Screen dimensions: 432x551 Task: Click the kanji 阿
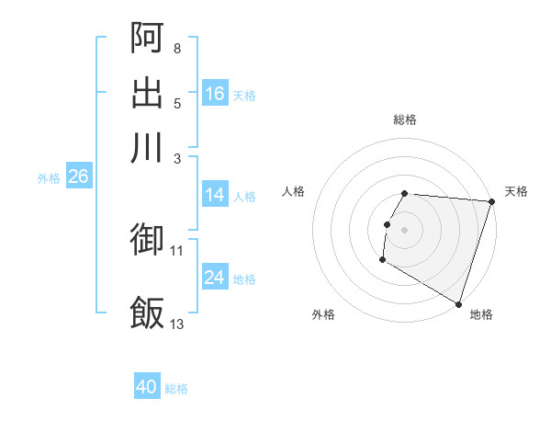point(148,37)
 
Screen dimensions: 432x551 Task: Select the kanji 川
point(148,147)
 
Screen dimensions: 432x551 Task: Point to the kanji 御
point(148,239)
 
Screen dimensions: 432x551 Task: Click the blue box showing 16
point(215,94)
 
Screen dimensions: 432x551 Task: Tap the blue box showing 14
point(215,195)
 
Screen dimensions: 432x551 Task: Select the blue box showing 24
point(215,278)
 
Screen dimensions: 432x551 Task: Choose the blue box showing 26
point(78,176)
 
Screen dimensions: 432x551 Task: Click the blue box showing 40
point(147,387)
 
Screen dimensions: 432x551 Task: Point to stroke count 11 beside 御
point(177,250)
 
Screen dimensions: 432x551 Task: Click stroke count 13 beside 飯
point(177,324)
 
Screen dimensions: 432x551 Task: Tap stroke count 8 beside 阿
point(177,48)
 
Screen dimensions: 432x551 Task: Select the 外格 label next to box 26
point(49,178)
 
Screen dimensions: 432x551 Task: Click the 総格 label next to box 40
point(176,389)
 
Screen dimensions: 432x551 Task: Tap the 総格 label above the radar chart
point(405,119)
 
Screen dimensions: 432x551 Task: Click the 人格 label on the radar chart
point(294,191)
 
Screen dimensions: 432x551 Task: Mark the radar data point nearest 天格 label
point(492,201)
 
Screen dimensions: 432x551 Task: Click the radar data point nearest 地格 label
point(458,302)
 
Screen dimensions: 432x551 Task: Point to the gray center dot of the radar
point(405,229)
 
